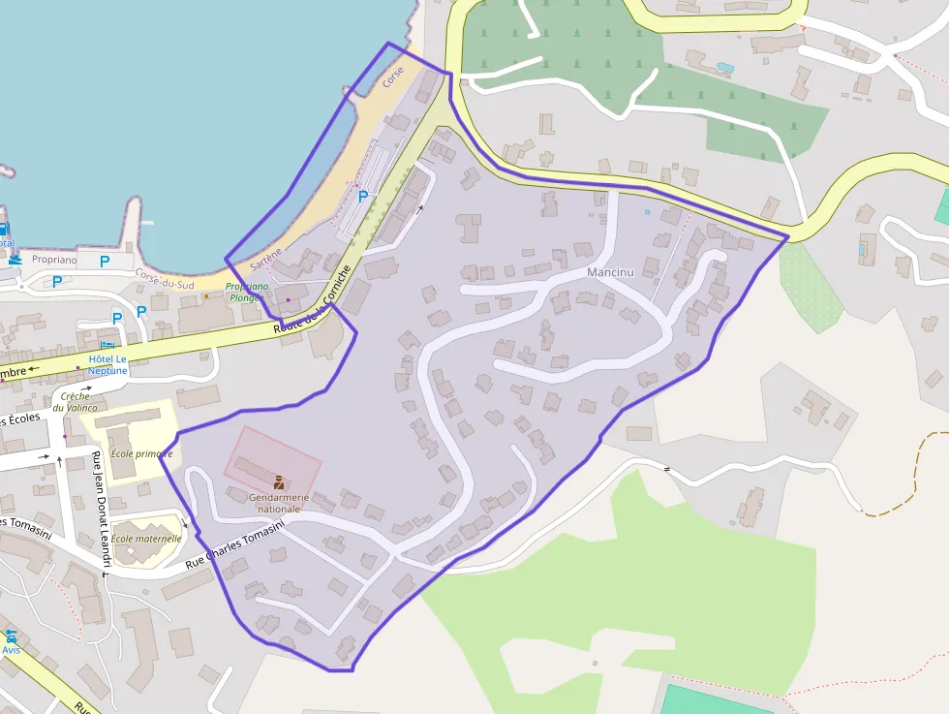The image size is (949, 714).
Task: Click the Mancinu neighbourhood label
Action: [x=610, y=272]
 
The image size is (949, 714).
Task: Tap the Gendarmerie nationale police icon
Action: [x=279, y=481]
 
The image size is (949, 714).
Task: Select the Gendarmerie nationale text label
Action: [x=279, y=503]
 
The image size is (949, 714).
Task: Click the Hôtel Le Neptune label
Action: [x=107, y=364]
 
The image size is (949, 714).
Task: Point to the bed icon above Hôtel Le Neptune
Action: [x=107, y=345]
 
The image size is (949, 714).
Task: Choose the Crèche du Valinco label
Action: [x=75, y=402]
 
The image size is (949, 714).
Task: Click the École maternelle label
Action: [x=146, y=539]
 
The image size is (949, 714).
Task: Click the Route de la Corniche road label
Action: [x=310, y=308]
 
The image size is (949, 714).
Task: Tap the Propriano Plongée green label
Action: [x=247, y=292]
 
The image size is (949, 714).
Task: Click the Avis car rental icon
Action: [x=11, y=636]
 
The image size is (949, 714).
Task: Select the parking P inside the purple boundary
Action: [x=363, y=196]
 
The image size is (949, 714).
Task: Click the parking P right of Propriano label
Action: [x=105, y=261]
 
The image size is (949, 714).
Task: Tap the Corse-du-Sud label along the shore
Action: [x=165, y=279]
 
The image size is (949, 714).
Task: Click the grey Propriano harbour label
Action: [x=53, y=260]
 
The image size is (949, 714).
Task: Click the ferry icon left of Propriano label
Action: [x=5, y=230]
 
